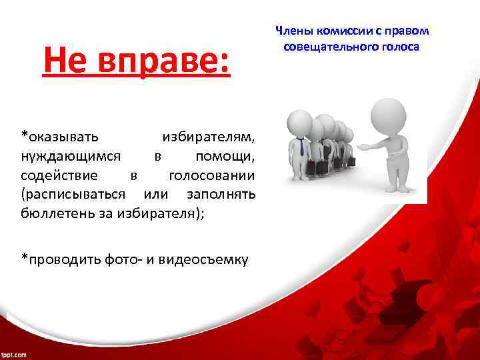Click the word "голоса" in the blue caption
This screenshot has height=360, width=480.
(397, 47)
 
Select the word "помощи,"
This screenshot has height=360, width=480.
(225, 157)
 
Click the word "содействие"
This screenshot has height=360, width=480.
(59, 176)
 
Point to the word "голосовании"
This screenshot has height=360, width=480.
(211, 176)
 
